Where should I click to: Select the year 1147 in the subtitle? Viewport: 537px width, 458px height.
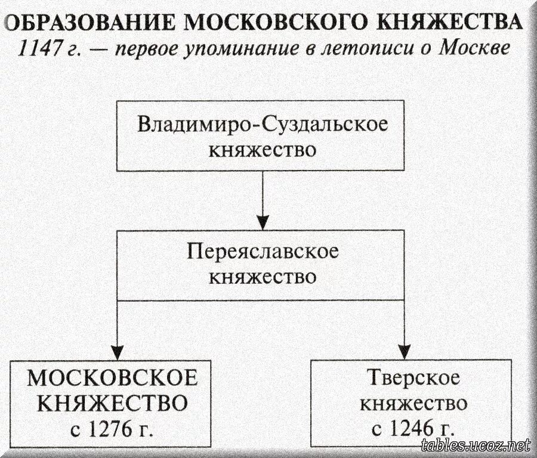(42, 48)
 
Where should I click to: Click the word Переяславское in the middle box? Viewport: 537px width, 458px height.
(263, 252)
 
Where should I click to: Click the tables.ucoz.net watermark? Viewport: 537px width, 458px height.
(475, 444)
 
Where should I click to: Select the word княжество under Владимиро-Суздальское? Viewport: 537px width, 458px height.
(263, 149)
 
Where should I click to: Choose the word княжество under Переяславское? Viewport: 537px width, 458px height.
(263, 277)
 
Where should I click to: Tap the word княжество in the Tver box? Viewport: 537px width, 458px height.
(412, 403)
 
